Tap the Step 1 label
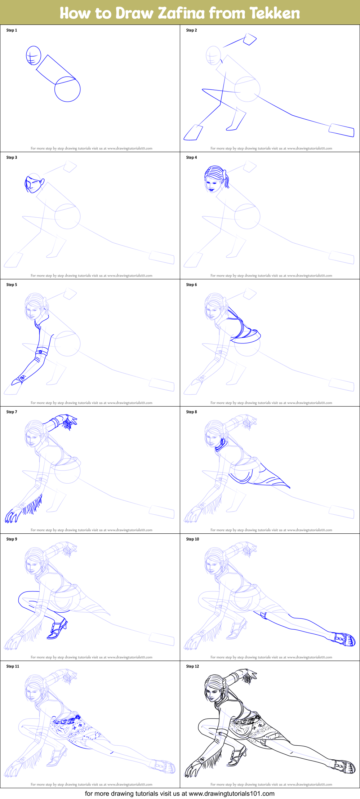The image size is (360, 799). point(12,30)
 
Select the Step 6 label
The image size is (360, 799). point(191,285)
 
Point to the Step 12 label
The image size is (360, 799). point(192,666)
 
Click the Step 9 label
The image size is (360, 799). point(12,539)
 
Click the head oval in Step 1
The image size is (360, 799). point(33,56)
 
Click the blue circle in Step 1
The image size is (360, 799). point(67,89)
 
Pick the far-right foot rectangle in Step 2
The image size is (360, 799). point(342,130)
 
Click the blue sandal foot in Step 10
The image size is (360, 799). point(344,639)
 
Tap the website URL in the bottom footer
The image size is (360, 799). point(231,794)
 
